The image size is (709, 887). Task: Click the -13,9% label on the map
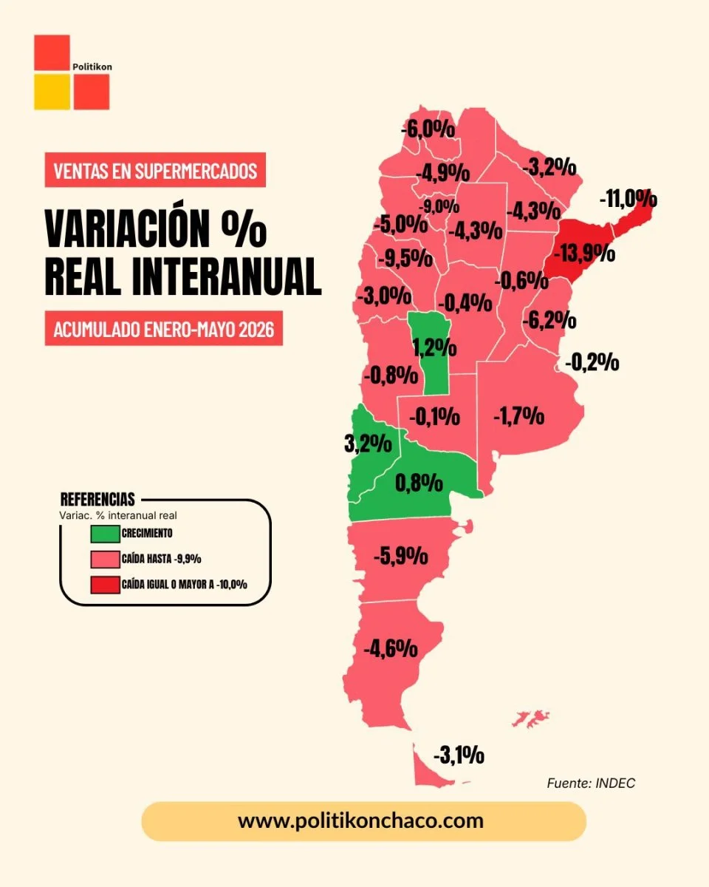584,253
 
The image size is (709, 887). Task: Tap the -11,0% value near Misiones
628,200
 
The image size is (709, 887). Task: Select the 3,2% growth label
368,444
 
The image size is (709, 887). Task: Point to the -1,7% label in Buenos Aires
519,415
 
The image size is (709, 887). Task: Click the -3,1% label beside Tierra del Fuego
459,755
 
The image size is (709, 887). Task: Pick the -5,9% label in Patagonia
401,556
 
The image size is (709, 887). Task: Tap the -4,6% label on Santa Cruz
391,648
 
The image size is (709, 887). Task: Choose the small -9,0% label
439,206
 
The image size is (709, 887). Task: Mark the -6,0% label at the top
428,130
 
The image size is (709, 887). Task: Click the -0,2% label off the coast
592,362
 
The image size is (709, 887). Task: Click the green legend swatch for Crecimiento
105,534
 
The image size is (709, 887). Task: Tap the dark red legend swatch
105,585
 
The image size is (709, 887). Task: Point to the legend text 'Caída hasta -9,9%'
162,559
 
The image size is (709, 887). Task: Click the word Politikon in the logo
92,67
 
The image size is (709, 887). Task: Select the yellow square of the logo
52,92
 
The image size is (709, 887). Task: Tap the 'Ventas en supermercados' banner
155,170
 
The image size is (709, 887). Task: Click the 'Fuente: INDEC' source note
591,783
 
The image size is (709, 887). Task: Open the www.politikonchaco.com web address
361,820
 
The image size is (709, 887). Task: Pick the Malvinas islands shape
530,718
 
